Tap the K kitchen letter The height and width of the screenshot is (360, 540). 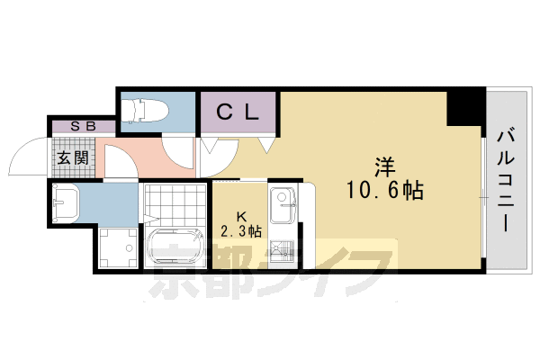click(241, 216)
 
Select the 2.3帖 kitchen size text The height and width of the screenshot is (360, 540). click(241, 231)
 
